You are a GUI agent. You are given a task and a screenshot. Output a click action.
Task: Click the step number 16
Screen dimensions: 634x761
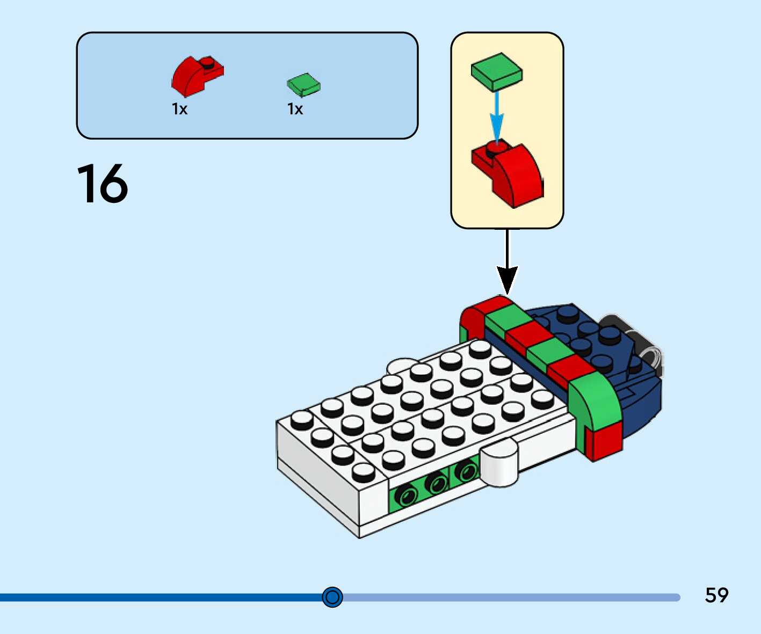(x=103, y=184)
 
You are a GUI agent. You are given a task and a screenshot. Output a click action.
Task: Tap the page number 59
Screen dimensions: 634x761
(x=716, y=595)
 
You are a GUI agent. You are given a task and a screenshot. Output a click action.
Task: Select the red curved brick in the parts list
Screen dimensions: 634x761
(x=195, y=76)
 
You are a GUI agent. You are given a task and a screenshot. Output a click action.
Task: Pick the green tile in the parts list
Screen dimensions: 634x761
(x=303, y=85)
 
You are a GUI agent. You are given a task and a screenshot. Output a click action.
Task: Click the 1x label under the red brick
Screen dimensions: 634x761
(x=179, y=109)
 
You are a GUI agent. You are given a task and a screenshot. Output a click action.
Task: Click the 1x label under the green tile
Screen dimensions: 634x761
(x=295, y=109)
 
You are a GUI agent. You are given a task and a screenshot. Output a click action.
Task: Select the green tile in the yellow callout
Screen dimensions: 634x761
(x=497, y=71)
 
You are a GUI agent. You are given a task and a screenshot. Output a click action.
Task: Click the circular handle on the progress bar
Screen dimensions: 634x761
(x=332, y=597)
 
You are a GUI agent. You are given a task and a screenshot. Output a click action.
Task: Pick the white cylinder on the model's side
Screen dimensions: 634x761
(x=500, y=464)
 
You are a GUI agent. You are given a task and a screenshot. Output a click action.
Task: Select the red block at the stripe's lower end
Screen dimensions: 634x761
(x=604, y=440)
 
